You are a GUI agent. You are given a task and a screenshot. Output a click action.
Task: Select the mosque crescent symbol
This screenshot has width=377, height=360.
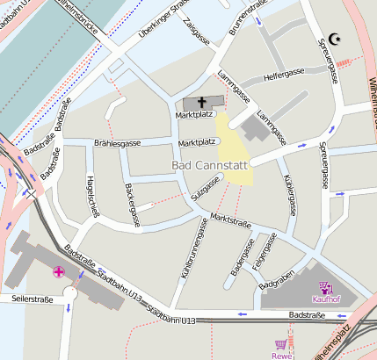click(x=334, y=40)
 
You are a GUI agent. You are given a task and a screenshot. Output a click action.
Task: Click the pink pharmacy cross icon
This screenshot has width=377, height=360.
click(x=59, y=272)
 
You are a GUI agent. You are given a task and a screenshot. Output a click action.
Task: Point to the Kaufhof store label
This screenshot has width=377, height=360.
click(x=326, y=299)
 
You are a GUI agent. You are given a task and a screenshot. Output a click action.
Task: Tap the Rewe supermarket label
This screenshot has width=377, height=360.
click(x=282, y=356)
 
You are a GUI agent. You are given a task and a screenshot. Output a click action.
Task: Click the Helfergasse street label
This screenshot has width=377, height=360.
click(x=285, y=76)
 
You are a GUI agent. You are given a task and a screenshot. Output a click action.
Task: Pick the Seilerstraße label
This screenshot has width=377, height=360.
click(x=33, y=299)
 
